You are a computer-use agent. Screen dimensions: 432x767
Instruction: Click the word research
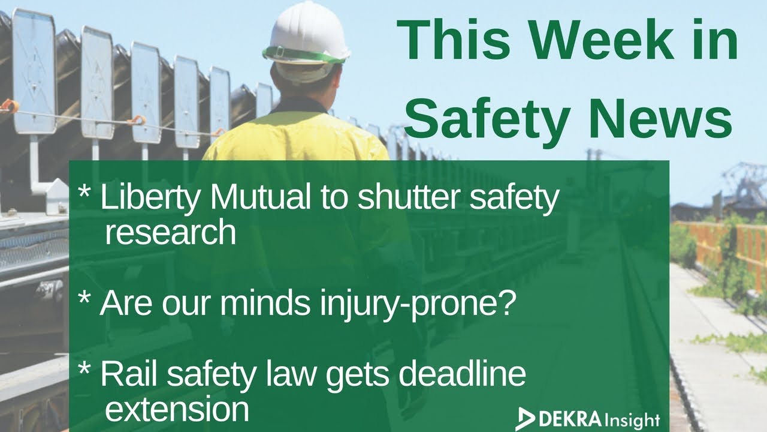click(x=170, y=232)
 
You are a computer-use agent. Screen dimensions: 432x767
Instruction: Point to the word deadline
click(x=462, y=374)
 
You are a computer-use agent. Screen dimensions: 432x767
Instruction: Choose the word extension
click(x=176, y=408)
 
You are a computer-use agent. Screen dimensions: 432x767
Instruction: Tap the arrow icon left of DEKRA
click(x=526, y=418)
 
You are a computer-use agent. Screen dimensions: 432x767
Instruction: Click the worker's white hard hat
click(x=307, y=33)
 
